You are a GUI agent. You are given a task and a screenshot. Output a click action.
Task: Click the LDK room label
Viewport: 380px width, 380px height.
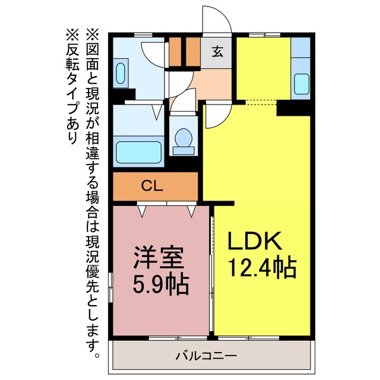tap(255, 241)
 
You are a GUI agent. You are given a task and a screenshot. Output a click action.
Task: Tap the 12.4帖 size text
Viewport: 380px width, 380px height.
tap(262, 268)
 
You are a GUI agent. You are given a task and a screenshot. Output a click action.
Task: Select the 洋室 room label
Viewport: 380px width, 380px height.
tap(159, 258)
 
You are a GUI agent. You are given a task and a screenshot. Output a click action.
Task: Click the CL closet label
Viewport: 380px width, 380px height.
tap(152, 186)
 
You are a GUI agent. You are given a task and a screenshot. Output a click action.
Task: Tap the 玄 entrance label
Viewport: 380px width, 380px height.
tap(217, 52)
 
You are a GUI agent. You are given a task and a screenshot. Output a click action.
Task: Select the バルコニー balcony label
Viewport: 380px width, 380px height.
tap(206, 356)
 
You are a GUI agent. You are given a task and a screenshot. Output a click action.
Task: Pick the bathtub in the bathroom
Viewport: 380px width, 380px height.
tap(138, 152)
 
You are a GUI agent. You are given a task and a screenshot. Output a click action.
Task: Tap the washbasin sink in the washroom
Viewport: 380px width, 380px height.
tap(121, 73)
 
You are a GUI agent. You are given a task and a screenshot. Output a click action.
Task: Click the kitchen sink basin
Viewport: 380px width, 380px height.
tap(302, 84)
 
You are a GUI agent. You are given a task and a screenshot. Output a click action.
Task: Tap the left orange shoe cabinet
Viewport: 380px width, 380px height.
tap(175, 52)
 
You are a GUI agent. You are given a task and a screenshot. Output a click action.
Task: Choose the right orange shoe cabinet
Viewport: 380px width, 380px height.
tap(193, 52)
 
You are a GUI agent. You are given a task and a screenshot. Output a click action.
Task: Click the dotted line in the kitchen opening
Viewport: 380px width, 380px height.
tap(261, 102)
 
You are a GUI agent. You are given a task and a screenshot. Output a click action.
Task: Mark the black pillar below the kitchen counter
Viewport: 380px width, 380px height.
tap(293, 107)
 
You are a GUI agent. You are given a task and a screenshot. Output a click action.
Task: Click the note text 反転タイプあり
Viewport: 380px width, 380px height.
tap(72, 86)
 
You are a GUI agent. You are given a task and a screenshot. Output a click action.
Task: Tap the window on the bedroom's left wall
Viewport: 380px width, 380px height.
tap(110, 287)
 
